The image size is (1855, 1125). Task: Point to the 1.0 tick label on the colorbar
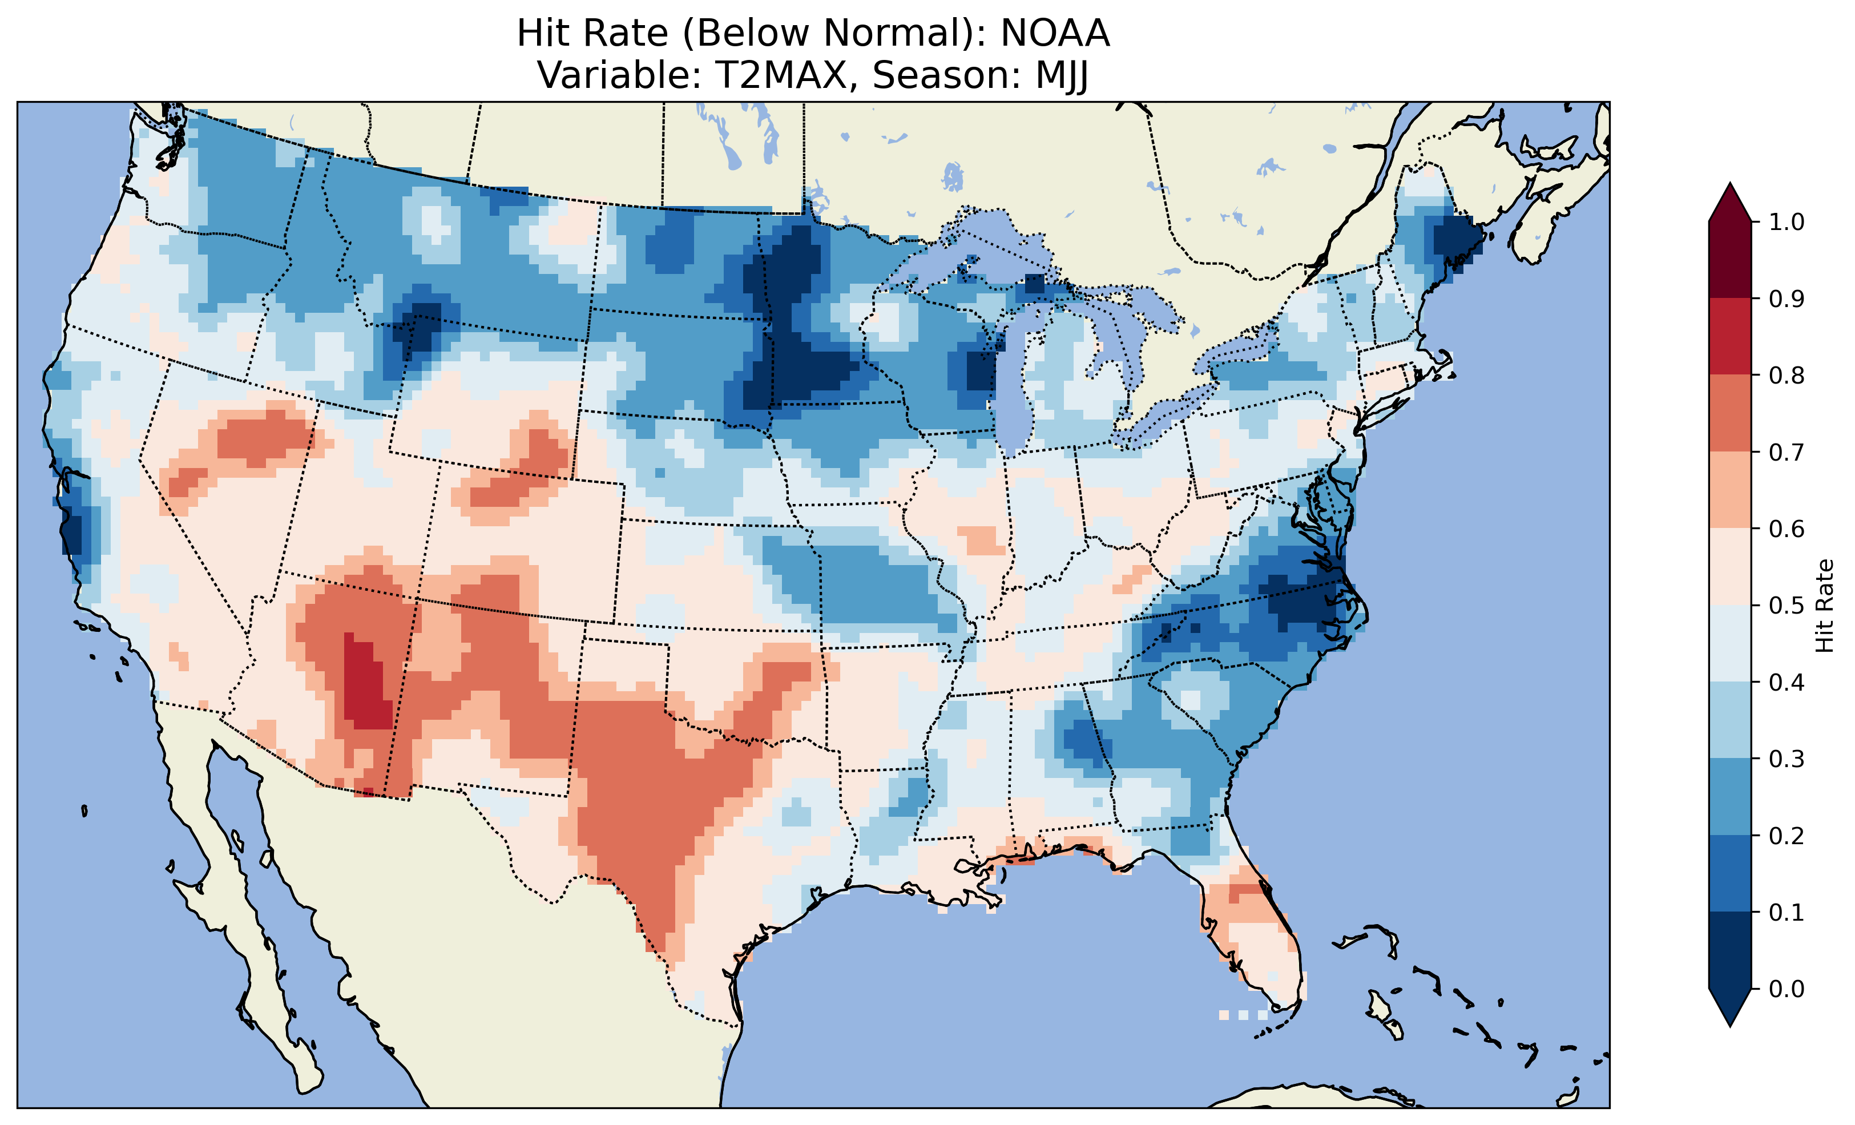[1787, 222]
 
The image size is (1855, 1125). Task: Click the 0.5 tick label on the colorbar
[1787, 606]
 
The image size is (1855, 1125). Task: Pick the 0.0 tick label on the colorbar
[1787, 989]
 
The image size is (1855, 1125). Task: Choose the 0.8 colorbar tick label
[1787, 375]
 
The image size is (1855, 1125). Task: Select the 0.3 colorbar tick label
[1787, 759]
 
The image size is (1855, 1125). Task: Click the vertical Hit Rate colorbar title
[1824, 606]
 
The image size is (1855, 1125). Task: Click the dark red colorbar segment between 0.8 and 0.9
[1729, 336]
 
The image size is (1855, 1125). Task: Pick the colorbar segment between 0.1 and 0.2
[1729, 873]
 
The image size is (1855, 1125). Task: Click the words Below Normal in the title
[828, 34]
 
